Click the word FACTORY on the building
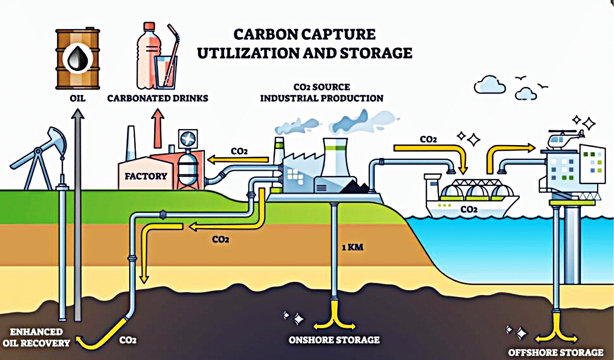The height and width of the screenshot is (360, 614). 146,176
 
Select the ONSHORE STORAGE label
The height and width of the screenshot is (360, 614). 334,340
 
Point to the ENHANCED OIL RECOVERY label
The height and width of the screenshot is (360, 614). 36,338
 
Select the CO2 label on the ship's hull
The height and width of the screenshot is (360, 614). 469,209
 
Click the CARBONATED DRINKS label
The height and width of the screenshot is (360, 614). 158,98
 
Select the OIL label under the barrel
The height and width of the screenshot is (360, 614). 77,98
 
